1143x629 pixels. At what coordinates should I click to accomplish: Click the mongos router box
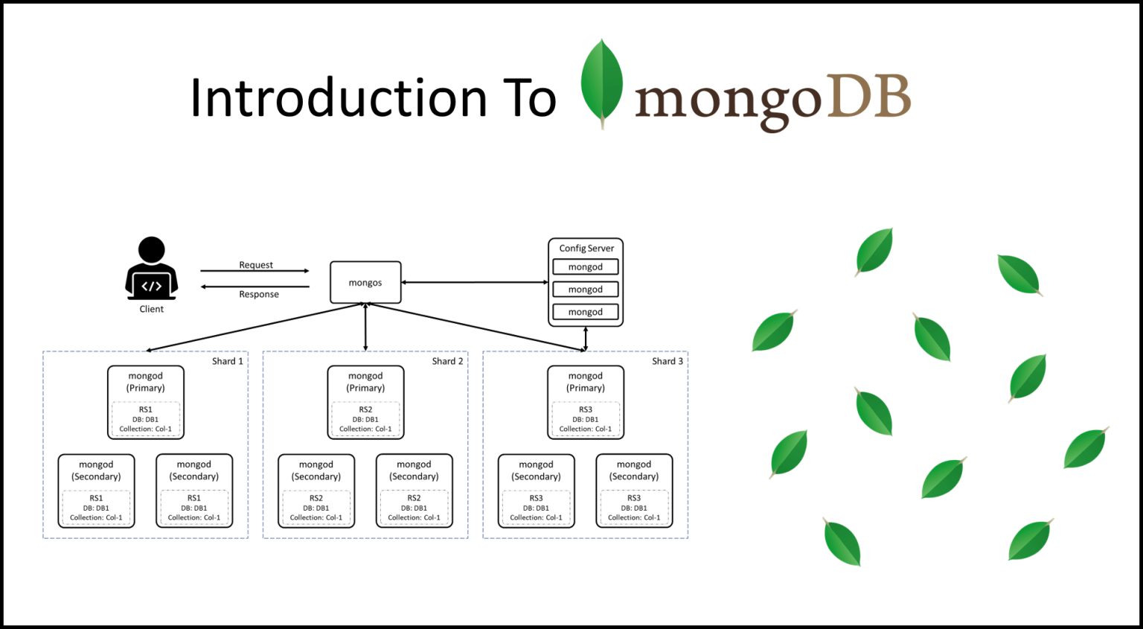365,283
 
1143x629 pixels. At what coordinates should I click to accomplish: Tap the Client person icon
151,269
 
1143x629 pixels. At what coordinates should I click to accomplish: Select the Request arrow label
256,265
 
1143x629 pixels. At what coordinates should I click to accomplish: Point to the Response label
259,294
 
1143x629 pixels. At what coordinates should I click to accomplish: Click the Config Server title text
586,248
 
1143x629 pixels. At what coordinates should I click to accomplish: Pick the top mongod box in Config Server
586,267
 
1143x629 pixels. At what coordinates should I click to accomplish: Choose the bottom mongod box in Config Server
586,312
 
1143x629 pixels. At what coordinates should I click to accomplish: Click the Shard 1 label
227,361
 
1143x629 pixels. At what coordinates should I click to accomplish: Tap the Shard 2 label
447,361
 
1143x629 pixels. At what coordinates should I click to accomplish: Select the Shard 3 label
667,361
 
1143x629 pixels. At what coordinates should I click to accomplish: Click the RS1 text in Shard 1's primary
146,409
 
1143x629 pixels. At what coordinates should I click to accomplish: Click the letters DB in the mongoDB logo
868,98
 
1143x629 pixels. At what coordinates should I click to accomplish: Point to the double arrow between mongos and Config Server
475,282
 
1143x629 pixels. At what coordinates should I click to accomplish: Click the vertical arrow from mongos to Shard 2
365,328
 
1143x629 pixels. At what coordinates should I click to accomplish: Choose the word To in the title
529,98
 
